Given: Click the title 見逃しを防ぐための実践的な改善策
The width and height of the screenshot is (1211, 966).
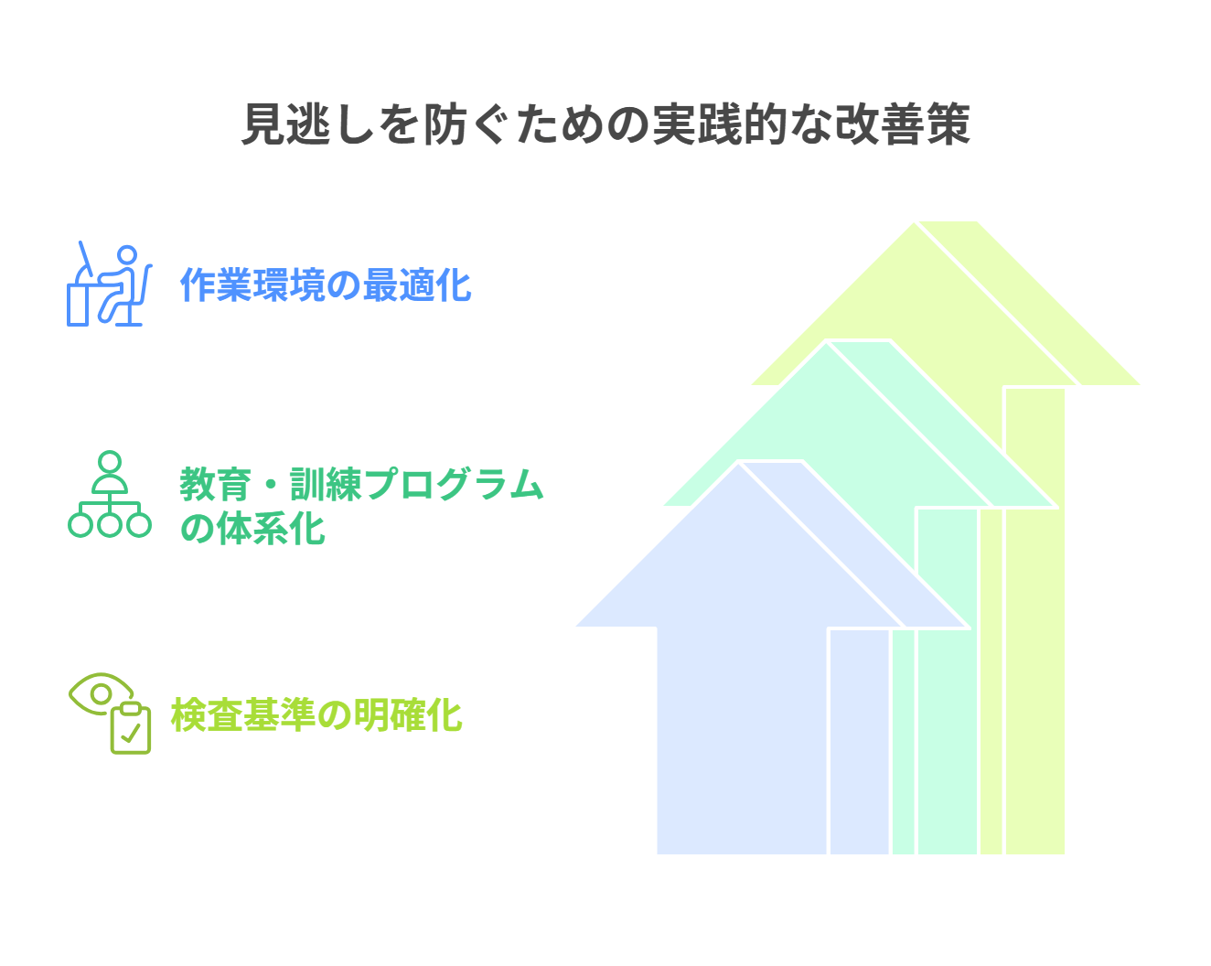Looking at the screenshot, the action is (x=605, y=124).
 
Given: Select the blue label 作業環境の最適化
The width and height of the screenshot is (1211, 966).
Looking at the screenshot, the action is (x=326, y=284).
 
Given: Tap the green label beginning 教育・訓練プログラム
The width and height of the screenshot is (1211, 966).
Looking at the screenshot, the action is (x=362, y=506).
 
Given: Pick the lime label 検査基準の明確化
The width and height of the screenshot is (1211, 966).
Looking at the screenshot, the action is (x=316, y=715).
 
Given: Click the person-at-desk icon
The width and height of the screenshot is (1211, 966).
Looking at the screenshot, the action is (x=110, y=284).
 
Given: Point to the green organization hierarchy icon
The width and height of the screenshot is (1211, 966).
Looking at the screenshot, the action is (x=110, y=494).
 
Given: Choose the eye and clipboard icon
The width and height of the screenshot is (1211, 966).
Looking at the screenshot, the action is (x=110, y=714).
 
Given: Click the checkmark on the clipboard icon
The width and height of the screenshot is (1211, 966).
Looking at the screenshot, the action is (x=131, y=733).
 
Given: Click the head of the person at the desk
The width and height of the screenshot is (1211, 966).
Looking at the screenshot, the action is (x=127, y=254).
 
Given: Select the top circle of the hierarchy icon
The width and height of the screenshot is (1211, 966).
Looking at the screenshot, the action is (x=110, y=462).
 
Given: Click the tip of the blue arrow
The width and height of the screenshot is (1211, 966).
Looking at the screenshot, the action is (x=738, y=464).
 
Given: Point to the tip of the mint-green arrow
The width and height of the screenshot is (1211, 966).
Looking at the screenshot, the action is (x=826, y=343).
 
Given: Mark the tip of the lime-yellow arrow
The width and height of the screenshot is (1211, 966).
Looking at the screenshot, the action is (x=915, y=223).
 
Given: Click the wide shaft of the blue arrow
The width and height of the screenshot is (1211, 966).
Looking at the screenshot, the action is (x=742, y=740).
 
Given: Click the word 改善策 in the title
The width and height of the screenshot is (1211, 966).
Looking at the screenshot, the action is (x=903, y=124).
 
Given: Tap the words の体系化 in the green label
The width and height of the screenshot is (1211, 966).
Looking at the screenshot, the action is (x=252, y=528).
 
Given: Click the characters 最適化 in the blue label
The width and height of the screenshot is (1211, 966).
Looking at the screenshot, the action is (x=417, y=284).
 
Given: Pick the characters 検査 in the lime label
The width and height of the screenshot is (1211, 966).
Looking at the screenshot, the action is (x=207, y=715).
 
